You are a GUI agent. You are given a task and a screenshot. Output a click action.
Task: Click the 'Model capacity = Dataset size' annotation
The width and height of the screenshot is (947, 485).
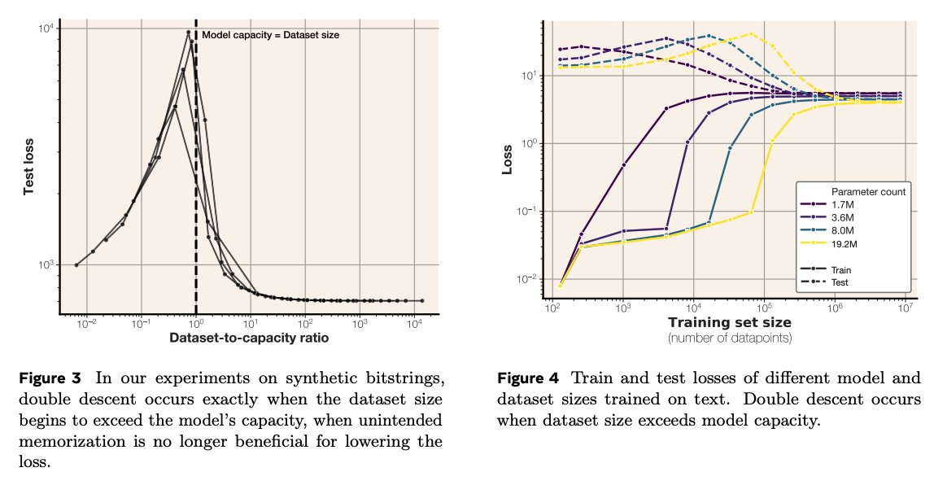(x=270, y=35)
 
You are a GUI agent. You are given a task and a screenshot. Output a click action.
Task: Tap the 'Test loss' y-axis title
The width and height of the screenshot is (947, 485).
(x=28, y=168)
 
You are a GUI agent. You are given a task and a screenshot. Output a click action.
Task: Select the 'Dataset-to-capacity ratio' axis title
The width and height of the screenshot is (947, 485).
(x=249, y=338)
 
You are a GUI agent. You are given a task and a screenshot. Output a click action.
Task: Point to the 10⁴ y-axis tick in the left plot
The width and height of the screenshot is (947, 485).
(x=45, y=28)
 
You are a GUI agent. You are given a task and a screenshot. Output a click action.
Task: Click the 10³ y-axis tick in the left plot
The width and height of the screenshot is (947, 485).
(x=45, y=264)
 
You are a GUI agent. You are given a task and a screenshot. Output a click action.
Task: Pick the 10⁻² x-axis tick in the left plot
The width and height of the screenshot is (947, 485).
(x=87, y=323)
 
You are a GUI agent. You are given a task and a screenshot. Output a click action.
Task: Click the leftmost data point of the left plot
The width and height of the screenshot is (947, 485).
(x=76, y=264)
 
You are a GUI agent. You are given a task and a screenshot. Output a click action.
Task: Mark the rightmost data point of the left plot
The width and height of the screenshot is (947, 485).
(x=421, y=300)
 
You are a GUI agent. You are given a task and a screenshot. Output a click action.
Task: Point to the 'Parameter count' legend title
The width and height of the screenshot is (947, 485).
(x=868, y=191)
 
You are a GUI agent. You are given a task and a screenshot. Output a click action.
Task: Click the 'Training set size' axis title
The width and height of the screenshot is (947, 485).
(x=730, y=322)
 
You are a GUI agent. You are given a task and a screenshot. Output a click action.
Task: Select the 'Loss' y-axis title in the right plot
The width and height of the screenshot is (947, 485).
(x=508, y=159)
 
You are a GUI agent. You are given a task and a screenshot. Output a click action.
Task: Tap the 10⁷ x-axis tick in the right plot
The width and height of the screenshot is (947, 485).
(x=905, y=308)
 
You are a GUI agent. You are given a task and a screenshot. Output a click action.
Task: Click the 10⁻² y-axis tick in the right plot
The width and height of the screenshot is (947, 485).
(x=527, y=279)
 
